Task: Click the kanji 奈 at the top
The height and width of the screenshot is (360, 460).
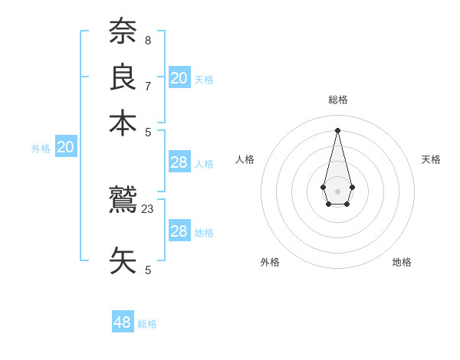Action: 123,33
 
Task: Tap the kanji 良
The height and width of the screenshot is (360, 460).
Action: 123,77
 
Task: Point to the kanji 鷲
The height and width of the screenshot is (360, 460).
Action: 123,201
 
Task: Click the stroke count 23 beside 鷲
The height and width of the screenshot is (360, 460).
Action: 148,208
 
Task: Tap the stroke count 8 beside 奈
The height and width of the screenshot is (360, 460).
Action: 148,39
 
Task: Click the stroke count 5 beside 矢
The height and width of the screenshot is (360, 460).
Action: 148,269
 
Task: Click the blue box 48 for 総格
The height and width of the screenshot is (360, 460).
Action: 123,322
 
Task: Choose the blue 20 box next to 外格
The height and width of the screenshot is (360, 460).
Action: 66,148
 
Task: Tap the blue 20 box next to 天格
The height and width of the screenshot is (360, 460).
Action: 179,78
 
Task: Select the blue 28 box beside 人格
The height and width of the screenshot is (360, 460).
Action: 179,162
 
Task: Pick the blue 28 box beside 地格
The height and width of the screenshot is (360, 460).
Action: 179,231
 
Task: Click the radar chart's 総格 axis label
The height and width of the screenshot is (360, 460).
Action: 338,100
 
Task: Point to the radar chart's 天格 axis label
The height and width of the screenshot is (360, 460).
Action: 431,159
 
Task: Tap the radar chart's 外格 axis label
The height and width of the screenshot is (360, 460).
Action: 270,262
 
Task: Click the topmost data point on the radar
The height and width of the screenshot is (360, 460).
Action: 337,129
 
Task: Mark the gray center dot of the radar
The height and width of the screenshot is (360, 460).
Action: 337,191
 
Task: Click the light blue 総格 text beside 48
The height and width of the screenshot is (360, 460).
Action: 147,324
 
